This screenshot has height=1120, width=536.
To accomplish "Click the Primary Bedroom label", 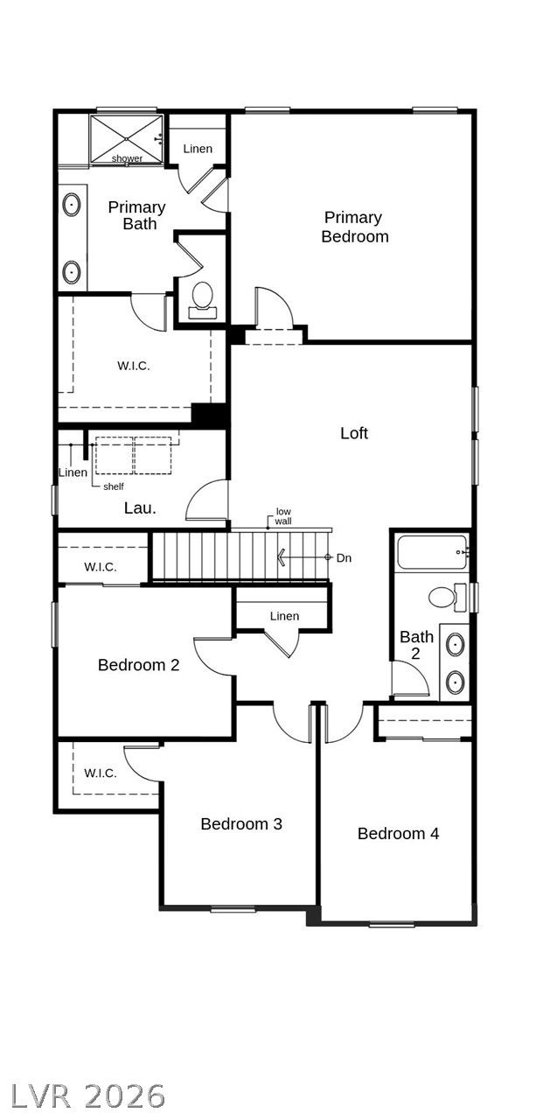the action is click(x=355, y=227).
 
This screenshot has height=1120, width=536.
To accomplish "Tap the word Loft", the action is click(x=354, y=433).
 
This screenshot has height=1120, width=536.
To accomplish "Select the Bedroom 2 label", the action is click(x=138, y=665).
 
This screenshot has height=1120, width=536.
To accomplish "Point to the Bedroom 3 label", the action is click(x=241, y=823).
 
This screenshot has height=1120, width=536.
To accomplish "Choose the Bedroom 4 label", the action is click(x=398, y=833).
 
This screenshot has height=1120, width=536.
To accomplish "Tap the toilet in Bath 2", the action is click(x=447, y=597).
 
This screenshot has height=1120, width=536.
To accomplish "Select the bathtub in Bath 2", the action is click(x=432, y=552).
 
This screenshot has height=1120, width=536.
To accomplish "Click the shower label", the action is click(x=127, y=158).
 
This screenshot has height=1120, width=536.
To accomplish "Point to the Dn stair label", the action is click(x=344, y=557).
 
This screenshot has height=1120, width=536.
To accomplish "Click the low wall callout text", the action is click(x=283, y=516).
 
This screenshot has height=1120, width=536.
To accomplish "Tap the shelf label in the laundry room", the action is click(x=114, y=486).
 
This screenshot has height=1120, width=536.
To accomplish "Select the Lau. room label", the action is click(x=140, y=508).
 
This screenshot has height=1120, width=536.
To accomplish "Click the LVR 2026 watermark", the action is click(x=87, y=1096).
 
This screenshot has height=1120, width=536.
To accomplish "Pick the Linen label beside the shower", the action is click(x=198, y=149).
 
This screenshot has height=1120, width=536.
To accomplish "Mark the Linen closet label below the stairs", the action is click(x=284, y=616).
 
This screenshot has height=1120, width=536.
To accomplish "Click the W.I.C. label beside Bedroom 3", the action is click(x=101, y=773).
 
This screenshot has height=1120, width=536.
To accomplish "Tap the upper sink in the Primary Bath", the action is click(x=72, y=205).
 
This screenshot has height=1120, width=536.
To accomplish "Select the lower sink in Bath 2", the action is click(x=455, y=682).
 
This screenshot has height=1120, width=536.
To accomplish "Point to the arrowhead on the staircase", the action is click(x=282, y=557).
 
